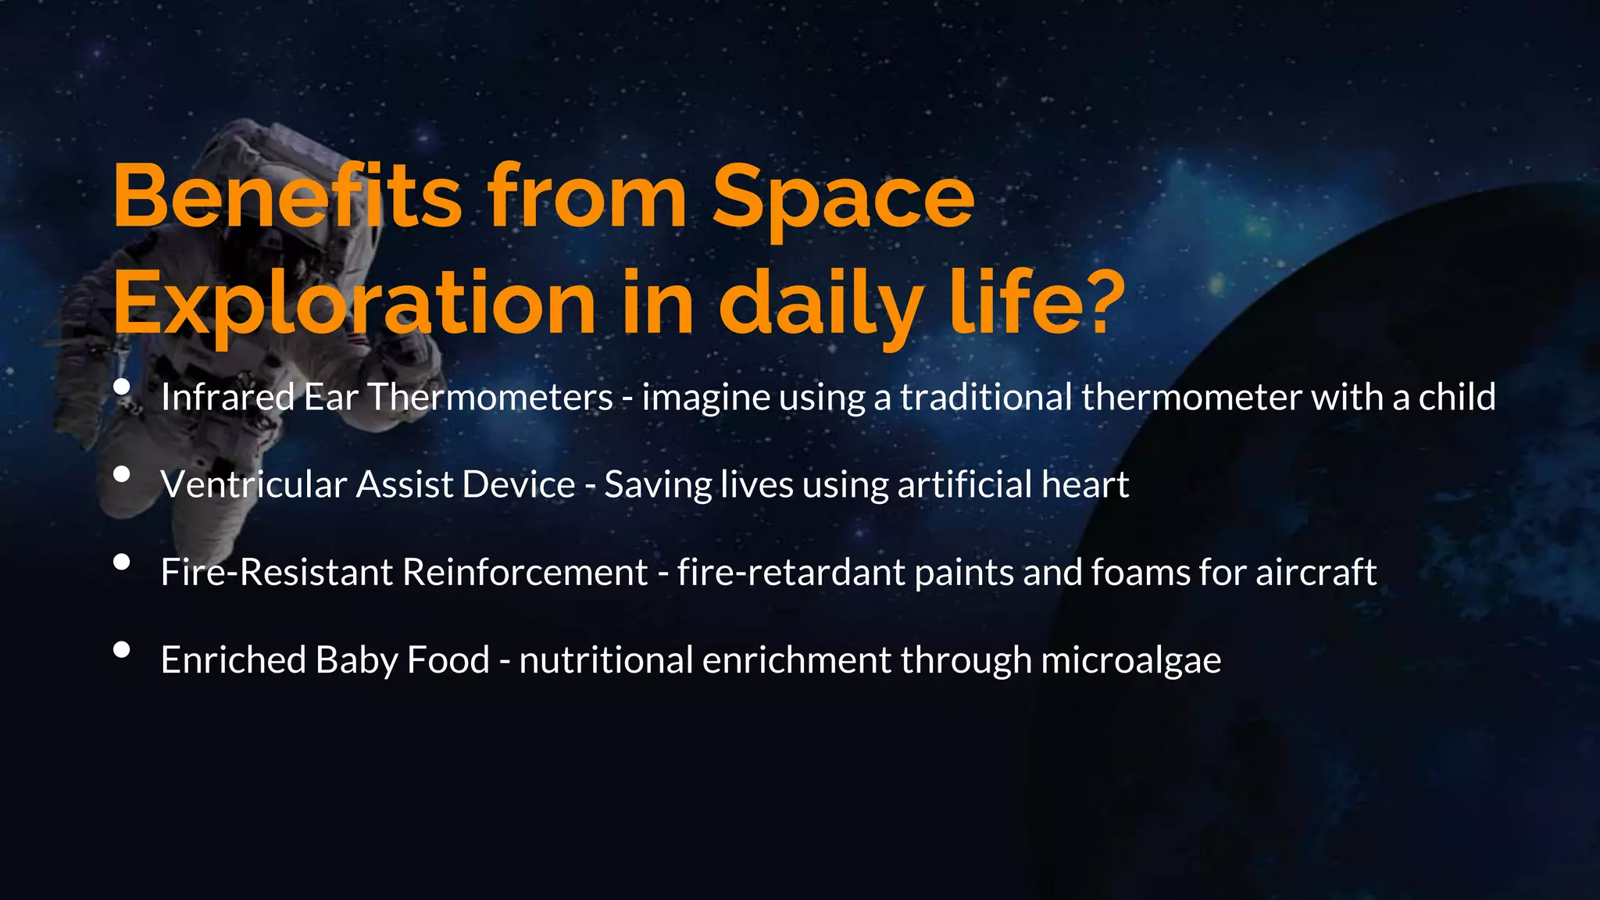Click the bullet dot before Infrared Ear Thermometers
[121, 387]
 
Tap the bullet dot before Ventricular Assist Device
[121, 474]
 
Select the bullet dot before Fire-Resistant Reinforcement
[121, 562]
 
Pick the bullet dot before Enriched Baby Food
[121, 649]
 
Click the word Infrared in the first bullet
[227, 397]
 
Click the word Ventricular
[253, 484]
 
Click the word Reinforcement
[524, 572]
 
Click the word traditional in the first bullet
[986, 397]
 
